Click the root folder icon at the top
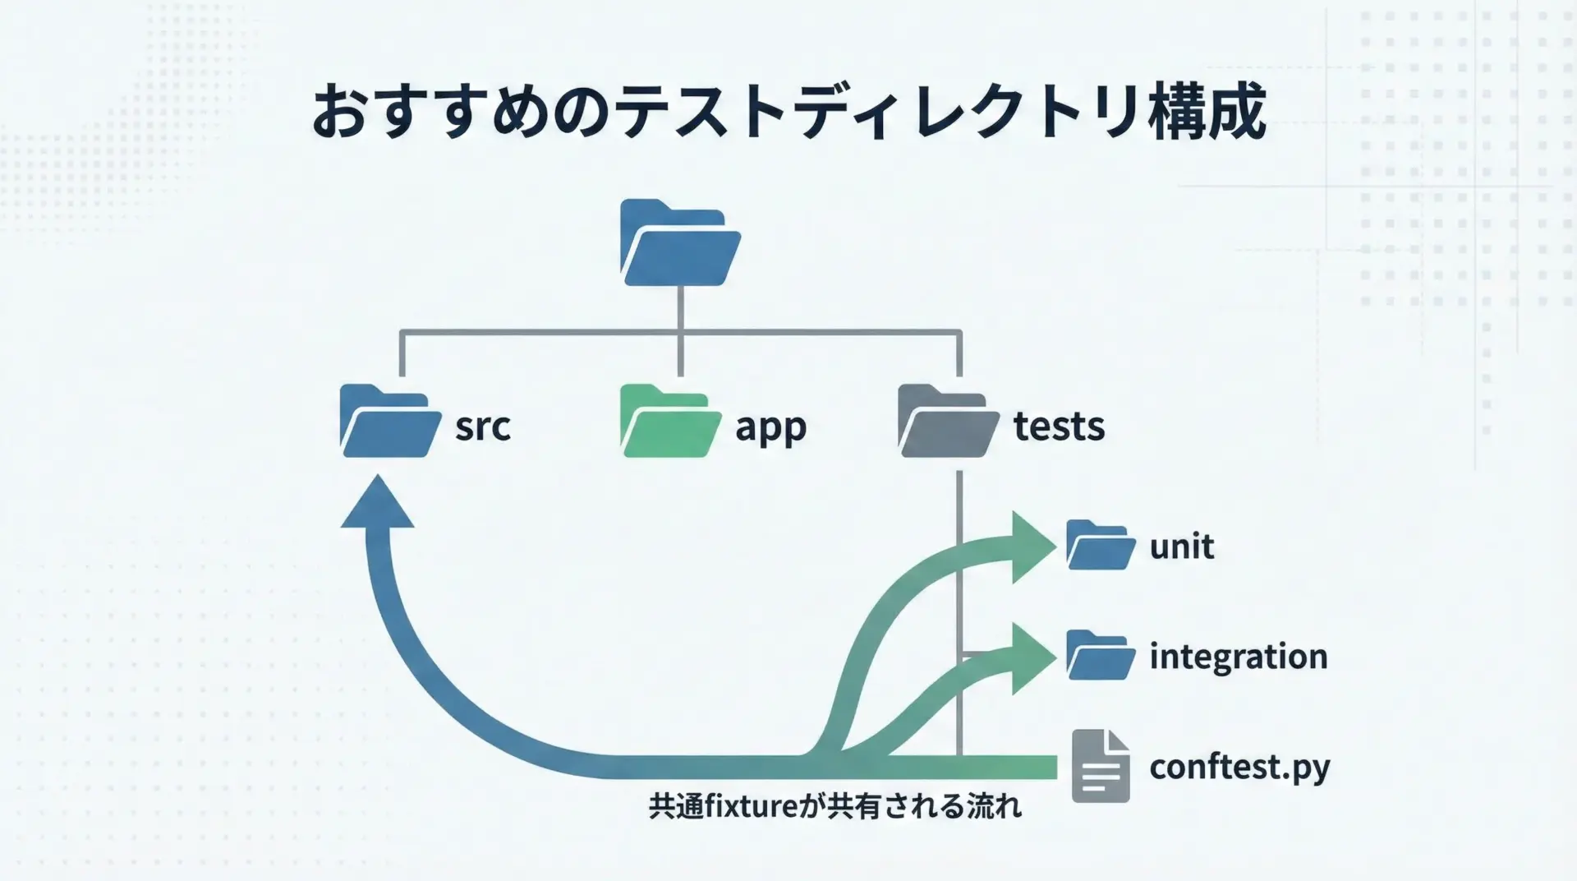coord(680,243)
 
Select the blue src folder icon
coord(389,421)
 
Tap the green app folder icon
coord(670,421)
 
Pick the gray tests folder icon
coord(947,421)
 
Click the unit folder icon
coord(1101,545)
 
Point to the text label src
coord(483,426)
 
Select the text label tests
coord(1059,426)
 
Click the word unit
coord(1181,547)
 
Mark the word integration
coord(1238,657)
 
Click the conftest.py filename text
coord(1239,767)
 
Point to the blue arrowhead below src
coord(377,503)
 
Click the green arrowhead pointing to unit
coord(1032,547)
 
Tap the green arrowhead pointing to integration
coord(1032,657)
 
